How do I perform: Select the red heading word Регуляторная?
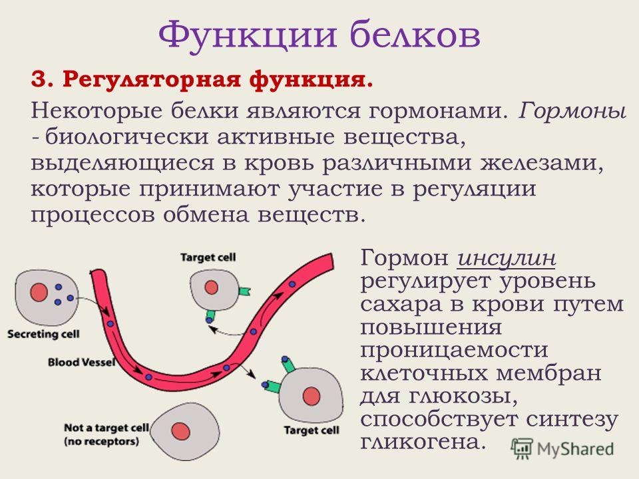click(x=151, y=79)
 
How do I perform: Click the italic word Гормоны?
click(x=572, y=111)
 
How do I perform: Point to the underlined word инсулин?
click(x=507, y=258)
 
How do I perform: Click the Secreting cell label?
click(x=43, y=335)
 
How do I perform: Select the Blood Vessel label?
click(x=81, y=362)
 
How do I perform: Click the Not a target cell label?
click(x=106, y=428)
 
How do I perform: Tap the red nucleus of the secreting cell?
click(x=39, y=293)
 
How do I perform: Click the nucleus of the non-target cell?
click(x=180, y=431)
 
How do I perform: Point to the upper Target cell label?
click(x=208, y=257)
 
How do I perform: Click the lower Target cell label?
click(x=312, y=430)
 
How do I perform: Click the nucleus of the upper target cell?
click(x=211, y=287)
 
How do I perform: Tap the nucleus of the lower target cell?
click(x=312, y=397)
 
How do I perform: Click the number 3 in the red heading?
click(x=39, y=79)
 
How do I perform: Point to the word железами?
click(x=542, y=164)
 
